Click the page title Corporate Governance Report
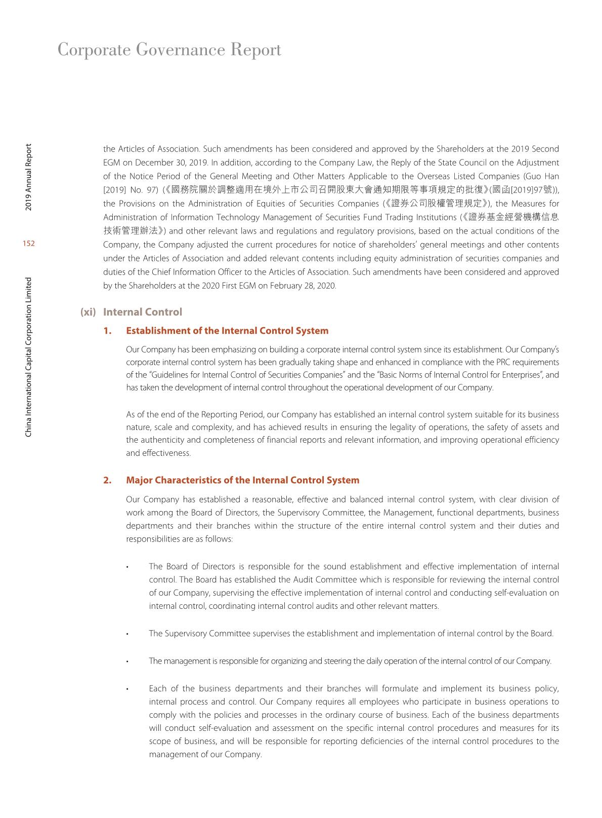coord(169,50)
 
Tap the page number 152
coord(29,244)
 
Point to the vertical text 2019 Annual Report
coord(29,178)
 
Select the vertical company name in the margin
coord(29,357)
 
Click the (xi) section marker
coord(88,312)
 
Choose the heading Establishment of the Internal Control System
coord(227,331)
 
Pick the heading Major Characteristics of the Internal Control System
coord(242,480)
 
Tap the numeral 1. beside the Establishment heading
coord(107,331)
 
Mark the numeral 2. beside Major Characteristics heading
coord(107,480)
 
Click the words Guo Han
coord(542,176)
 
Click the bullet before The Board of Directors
coord(128,567)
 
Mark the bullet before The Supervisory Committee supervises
coord(128,634)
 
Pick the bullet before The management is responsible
coord(128,661)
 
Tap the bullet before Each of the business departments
coord(128,689)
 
